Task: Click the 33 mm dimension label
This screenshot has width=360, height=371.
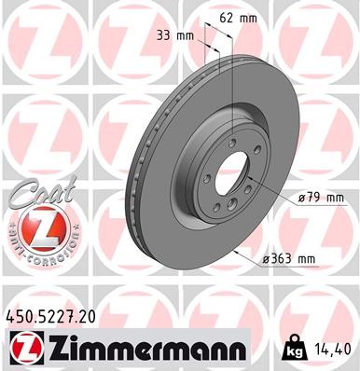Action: point(177,35)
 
